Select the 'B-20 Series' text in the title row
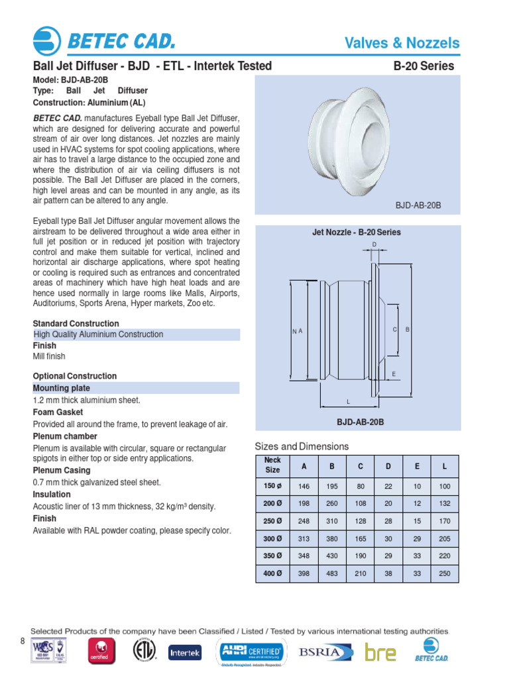pos(424,66)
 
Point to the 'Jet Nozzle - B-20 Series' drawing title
pos(356,232)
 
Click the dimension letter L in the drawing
pos(348,402)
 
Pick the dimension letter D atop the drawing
pos(374,245)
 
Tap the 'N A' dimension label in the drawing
pos(297,330)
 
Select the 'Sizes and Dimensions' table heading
pos(302,446)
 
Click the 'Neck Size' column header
pos(272,465)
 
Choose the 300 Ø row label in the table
pos(272,539)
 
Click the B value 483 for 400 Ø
pos(332,573)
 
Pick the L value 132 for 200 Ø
pos(444,504)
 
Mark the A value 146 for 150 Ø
pos(304,486)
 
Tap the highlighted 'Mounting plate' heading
pos(62,388)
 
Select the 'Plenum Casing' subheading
pos(60,470)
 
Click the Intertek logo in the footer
pos(185,653)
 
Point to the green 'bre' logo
pos(380,653)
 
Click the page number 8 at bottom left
pos(21,641)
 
